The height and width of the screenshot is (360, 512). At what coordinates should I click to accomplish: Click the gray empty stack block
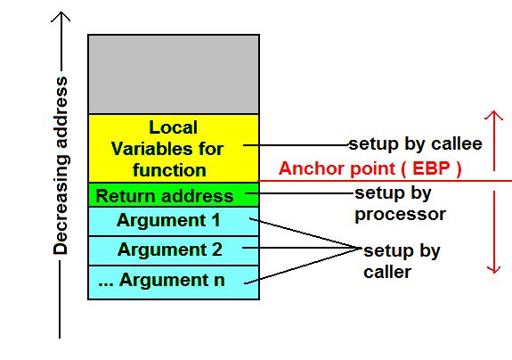pyautogui.click(x=174, y=74)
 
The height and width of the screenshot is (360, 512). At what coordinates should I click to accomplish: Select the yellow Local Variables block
pyautogui.click(x=174, y=148)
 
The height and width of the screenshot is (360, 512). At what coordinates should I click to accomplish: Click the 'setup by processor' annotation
pyautogui.click(x=400, y=203)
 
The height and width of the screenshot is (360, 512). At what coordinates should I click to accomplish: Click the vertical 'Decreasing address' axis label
pyautogui.click(x=61, y=167)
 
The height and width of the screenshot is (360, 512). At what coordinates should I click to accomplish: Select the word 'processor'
pyautogui.click(x=400, y=215)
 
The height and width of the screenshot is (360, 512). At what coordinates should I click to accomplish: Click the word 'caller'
pyautogui.click(x=387, y=273)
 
